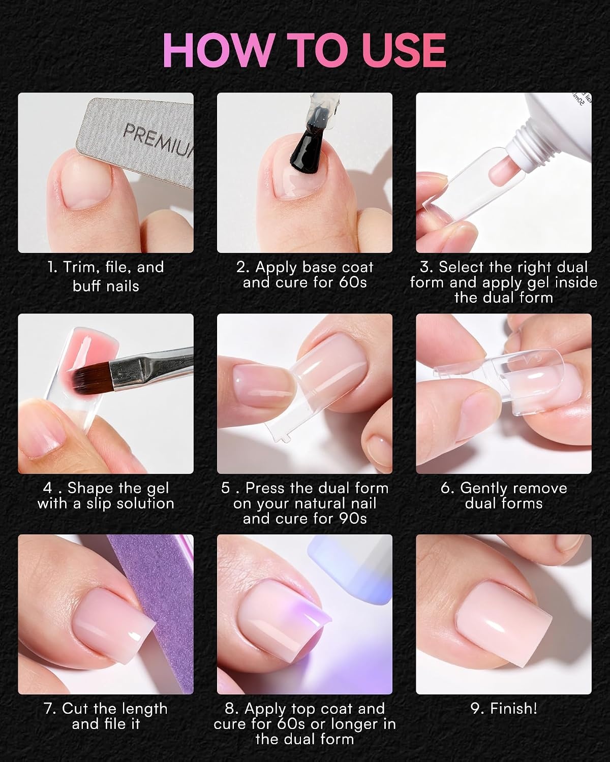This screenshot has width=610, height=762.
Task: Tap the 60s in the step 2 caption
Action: [352, 282]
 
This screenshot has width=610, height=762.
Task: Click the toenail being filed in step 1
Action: [87, 184]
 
